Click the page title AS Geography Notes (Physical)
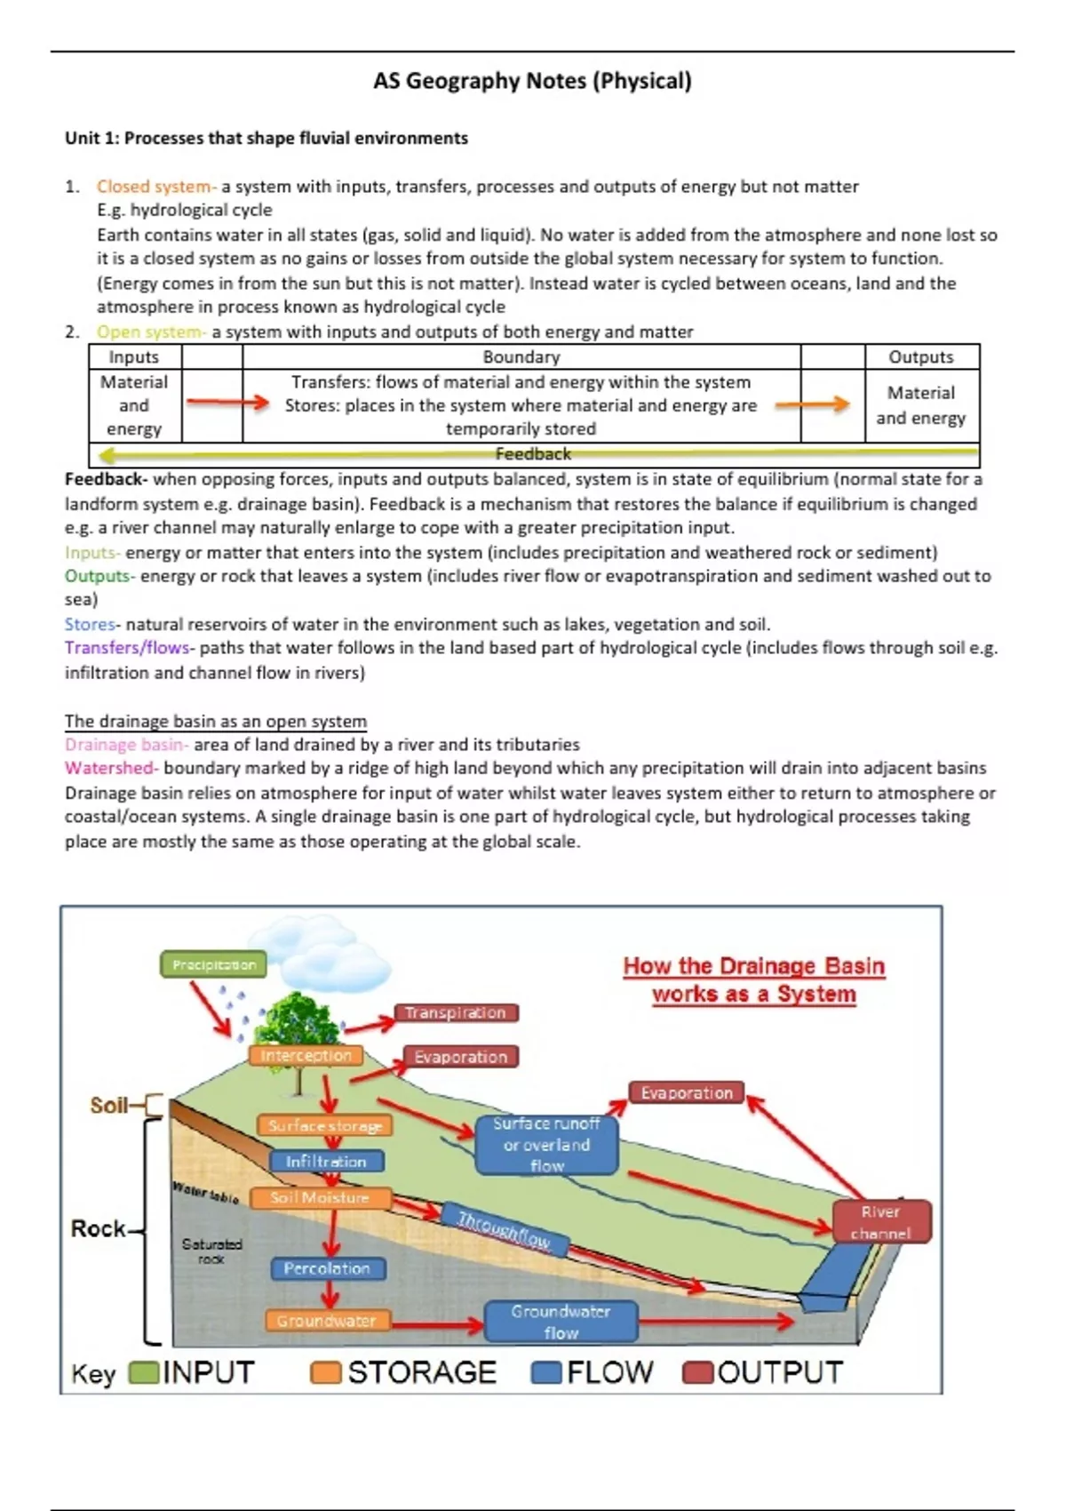point(532,81)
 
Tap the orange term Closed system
point(155,187)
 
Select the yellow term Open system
point(149,332)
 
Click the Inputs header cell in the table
point(134,356)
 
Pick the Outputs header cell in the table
point(921,356)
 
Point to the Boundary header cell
point(521,356)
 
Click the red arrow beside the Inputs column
point(227,403)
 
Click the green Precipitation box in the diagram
point(213,964)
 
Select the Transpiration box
point(456,1012)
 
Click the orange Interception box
point(306,1055)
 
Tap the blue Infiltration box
point(326,1162)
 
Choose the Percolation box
point(327,1268)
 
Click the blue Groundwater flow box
point(561,1322)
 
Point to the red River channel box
point(881,1221)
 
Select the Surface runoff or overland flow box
point(546,1145)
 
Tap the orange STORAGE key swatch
point(325,1372)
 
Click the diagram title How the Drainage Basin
point(753,966)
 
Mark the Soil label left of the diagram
point(109,1105)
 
